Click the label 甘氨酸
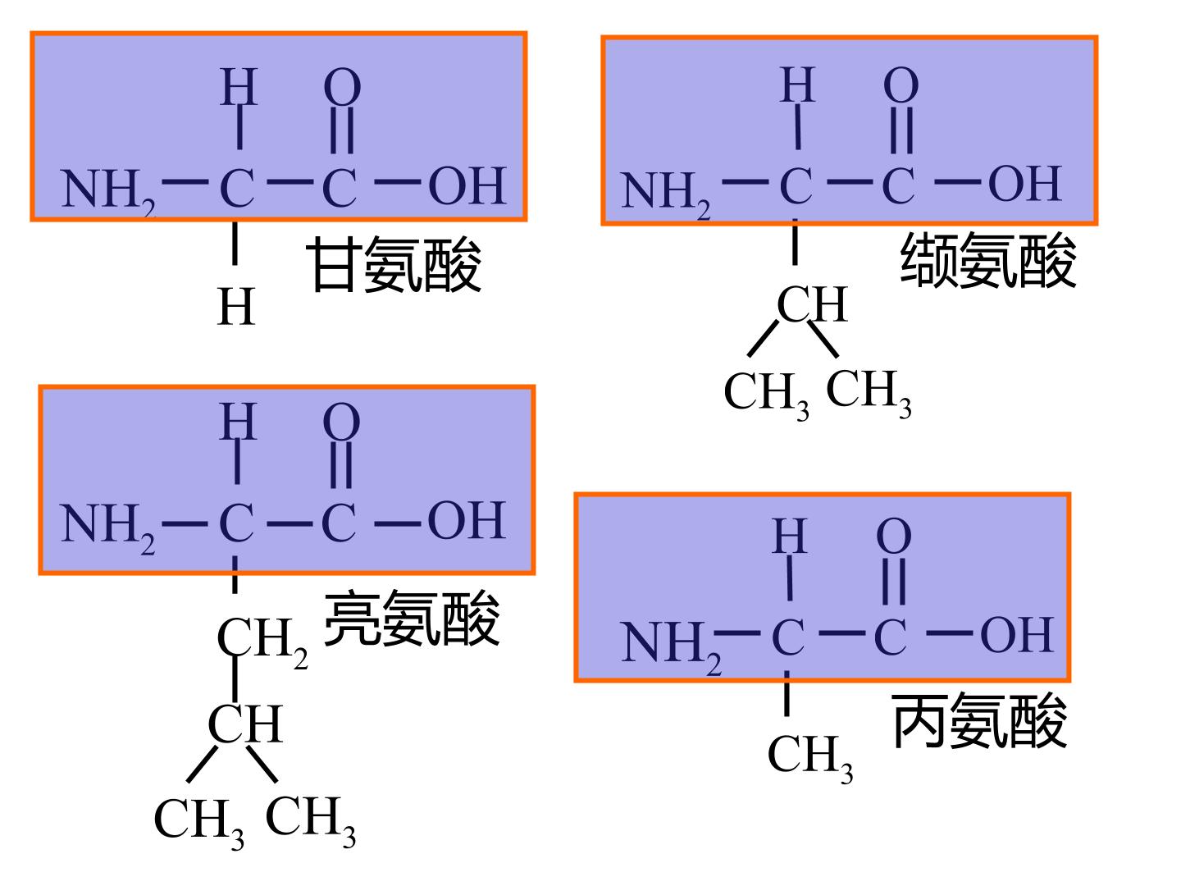[x=394, y=264]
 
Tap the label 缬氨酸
[x=987, y=260]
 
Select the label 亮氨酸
[x=412, y=618]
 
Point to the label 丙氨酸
[x=979, y=720]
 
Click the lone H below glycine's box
[x=235, y=306]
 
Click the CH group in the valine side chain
[x=813, y=304]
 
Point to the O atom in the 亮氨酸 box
[x=342, y=422]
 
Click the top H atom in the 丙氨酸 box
[x=789, y=536]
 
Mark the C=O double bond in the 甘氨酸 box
[x=342, y=130]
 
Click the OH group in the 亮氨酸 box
[x=467, y=519]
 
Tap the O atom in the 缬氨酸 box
[x=901, y=85]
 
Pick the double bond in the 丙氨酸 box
[x=894, y=582]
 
